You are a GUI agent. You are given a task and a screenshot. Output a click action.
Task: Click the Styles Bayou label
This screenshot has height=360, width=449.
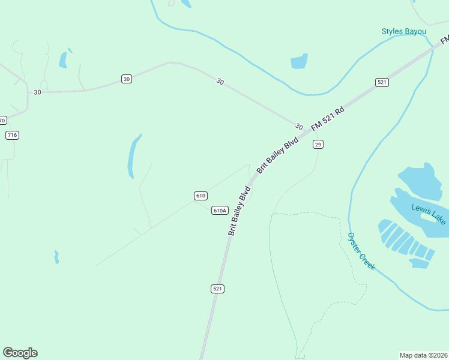click(x=403, y=31)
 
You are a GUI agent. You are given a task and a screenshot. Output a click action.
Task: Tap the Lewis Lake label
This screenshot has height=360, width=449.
click(x=428, y=214)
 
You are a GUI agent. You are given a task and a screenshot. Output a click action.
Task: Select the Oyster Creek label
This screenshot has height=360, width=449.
click(x=359, y=251)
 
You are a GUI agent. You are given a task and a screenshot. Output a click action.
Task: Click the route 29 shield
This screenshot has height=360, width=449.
click(x=318, y=144)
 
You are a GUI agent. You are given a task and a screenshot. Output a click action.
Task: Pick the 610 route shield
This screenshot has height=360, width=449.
click(x=201, y=196)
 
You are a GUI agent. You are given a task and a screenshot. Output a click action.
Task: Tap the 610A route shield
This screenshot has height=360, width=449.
click(x=220, y=210)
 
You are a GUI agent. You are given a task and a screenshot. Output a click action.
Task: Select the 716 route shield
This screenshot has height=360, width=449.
click(x=12, y=135)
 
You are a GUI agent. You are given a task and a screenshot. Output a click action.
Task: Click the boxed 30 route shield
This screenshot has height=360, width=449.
click(x=126, y=79)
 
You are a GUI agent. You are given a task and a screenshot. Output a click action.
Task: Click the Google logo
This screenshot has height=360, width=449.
click(x=20, y=352)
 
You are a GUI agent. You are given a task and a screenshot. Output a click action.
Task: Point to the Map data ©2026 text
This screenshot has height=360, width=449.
click(x=423, y=355)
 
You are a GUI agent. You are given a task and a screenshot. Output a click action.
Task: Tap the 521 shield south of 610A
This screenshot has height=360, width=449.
click(x=217, y=289)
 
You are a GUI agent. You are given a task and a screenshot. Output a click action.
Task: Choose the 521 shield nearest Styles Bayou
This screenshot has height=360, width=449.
click(x=382, y=82)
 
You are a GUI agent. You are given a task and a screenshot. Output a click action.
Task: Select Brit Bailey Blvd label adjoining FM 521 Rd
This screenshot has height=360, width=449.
click(x=277, y=155)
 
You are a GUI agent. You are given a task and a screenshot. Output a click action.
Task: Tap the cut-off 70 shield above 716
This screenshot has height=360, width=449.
click(x=2, y=120)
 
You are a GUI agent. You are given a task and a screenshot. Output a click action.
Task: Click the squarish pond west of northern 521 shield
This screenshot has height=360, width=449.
click(x=299, y=61)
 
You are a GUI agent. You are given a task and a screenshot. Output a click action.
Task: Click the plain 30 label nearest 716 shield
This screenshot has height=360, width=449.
click(x=38, y=92)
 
